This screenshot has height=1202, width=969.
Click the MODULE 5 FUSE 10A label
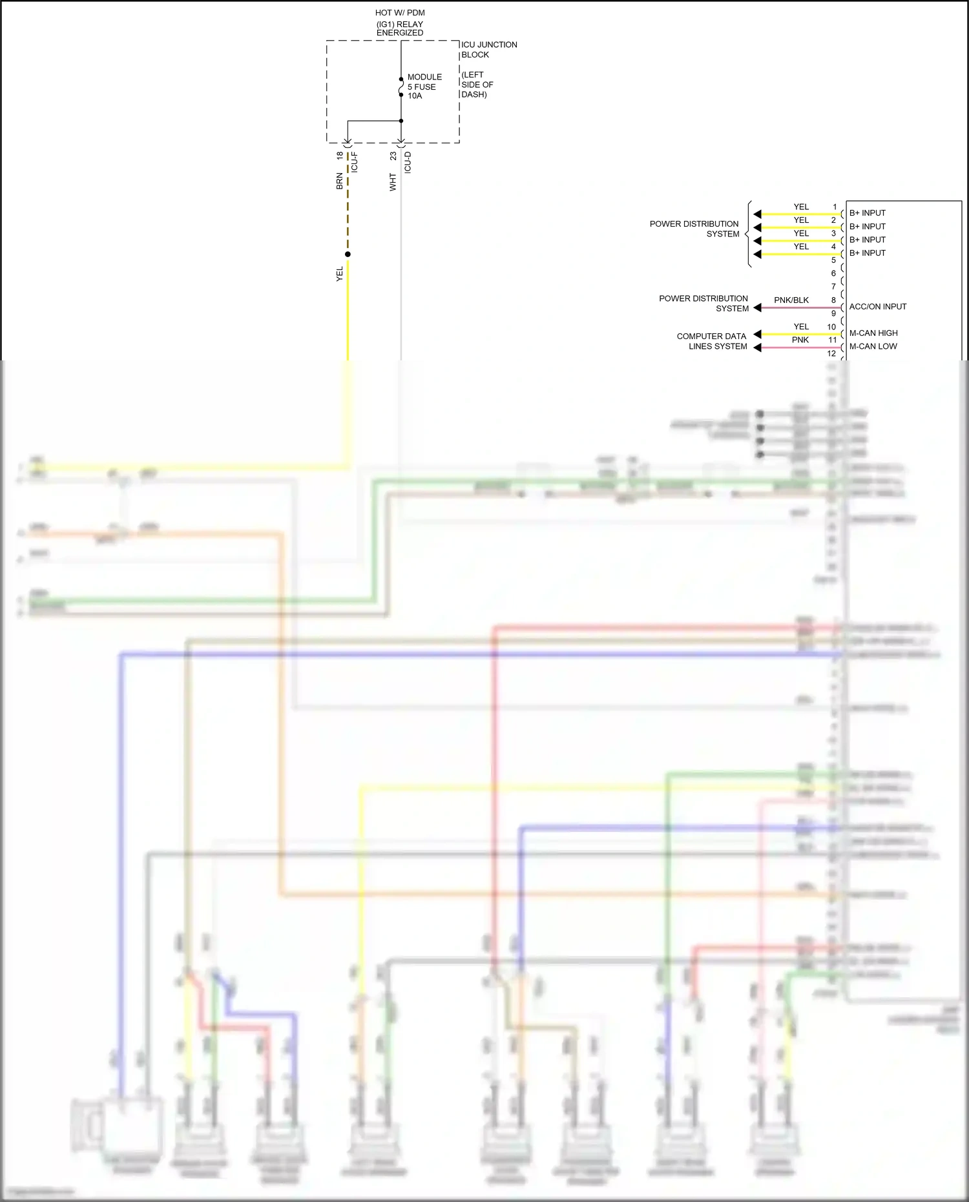click(x=424, y=87)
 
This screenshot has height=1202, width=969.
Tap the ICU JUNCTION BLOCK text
click(x=488, y=50)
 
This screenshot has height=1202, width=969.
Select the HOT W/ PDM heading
click(x=400, y=13)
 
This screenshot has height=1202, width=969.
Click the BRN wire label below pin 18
click(x=340, y=181)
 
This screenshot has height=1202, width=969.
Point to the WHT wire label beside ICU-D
click(x=393, y=181)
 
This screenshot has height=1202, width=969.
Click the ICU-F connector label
click(x=354, y=162)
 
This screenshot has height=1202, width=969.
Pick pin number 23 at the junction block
click(x=393, y=156)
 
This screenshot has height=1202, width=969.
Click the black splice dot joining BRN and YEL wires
click(x=348, y=254)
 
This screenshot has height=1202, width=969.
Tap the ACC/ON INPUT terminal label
click(x=877, y=307)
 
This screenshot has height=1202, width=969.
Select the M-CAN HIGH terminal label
click(x=873, y=333)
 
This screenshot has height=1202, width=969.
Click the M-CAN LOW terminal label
click(x=873, y=346)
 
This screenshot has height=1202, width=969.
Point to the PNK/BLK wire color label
click(x=791, y=300)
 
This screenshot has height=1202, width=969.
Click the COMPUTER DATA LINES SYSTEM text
click(x=711, y=341)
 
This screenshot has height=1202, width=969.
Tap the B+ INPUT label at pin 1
click(x=867, y=213)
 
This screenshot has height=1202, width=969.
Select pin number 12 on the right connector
click(x=831, y=353)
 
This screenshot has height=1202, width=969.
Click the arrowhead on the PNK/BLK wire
click(x=757, y=308)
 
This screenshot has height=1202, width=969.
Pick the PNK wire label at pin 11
click(x=800, y=340)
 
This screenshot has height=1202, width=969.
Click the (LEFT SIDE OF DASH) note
click(x=477, y=85)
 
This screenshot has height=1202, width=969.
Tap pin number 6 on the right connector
click(x=833, y=273)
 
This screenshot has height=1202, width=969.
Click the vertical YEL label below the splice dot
click(x=340, y=274)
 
